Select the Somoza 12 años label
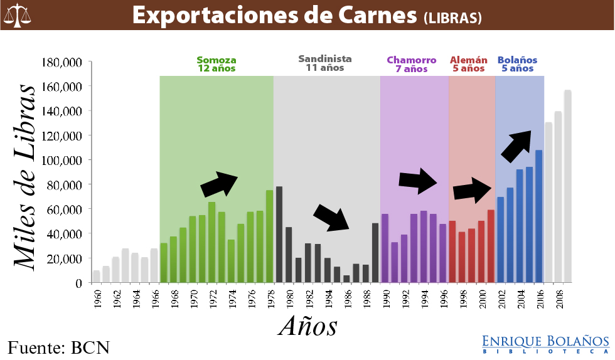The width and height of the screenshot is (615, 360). (x=217, y=65)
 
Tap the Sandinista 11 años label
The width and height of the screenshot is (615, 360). (x=324, y=63)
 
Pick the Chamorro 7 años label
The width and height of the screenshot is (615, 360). (x=411, y=65)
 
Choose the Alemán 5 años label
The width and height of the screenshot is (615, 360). (x=469, y=65)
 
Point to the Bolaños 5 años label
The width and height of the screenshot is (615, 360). (x=517, y=65)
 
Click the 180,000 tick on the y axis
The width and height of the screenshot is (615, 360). (x=61, y=62)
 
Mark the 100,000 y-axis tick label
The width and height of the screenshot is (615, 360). (x=61, y=161)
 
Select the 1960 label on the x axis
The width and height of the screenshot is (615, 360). (x=96, y=298)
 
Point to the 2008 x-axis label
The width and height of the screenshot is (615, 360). (x=558, y=298)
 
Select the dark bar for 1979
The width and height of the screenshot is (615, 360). (x=279, y=235)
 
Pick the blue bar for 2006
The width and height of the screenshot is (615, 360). (x=538, y=216)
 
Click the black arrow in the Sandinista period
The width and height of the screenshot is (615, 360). (x=331, y=217)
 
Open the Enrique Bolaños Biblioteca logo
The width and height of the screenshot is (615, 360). (x=545, y=343)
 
